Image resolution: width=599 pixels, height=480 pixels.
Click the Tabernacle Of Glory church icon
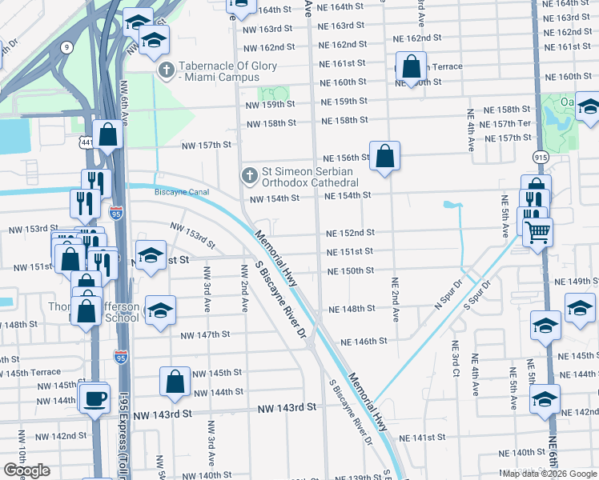click(x=167, y=70)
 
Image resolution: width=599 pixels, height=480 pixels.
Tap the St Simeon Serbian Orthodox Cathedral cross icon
click(x=249, y=174)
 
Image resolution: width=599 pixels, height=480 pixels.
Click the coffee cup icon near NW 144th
click(x=94, y=398)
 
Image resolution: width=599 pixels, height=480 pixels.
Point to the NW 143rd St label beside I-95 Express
click(x=163, y=415)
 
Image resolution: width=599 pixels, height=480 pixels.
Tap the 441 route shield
click(x=86, y=142)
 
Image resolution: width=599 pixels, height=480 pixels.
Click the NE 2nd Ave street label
click(x=396, y=299)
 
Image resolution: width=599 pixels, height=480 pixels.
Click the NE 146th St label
click(x=364, y=341)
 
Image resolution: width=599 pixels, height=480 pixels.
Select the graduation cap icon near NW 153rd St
click(x=150, y=257)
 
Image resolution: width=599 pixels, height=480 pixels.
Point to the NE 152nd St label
click(x=350, y=233)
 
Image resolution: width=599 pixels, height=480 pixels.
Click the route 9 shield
click(x=65, y=48)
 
